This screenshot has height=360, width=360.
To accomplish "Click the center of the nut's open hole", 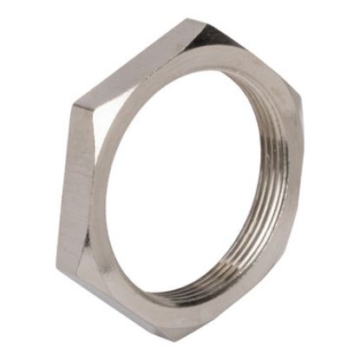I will pos(195,187).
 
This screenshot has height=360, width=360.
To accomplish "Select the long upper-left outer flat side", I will pos(130,65).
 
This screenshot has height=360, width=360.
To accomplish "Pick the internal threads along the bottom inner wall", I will pos(208,291).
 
